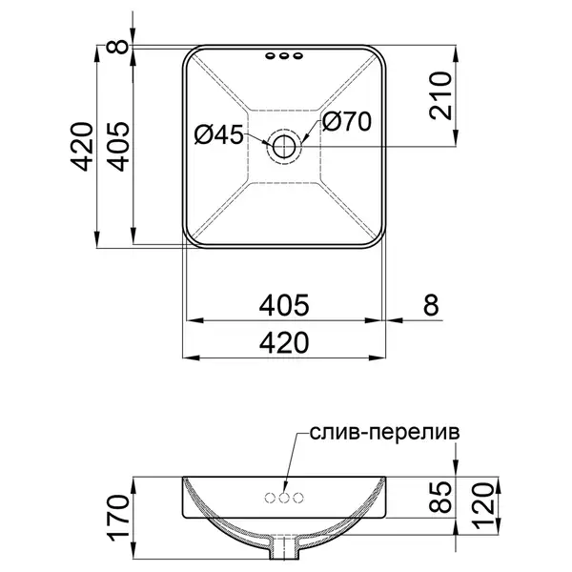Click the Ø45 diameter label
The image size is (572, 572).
click(x=218, y=134)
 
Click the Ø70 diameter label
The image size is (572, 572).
click(x=347, y=121)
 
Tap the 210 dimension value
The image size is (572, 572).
click(x=440, y=95)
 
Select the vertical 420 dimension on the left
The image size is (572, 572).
click(x=82, y=147)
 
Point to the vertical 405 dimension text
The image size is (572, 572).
click(x=118, y=147)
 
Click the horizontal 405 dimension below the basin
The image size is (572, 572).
click(x=284, y=305)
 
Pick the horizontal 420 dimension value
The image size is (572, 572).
click(x=284, y=342)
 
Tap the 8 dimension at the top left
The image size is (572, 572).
click(x=118, y=47)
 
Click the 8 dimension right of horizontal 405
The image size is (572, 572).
click(x=431, y=305)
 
